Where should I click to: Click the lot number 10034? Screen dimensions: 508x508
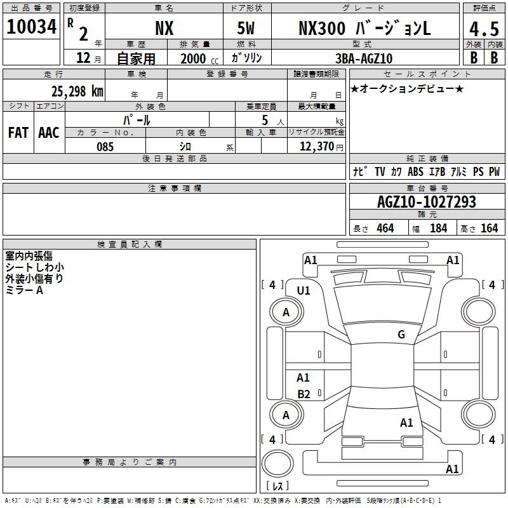coord(32,28)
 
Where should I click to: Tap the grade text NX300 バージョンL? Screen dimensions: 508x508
coord(364,28)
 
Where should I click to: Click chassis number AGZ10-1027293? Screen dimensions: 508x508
coord(426,202)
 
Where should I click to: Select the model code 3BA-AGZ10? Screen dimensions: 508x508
coord(364,58)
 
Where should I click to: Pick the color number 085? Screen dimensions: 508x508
coord(105,147)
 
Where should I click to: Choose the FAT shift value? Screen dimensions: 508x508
coord(18,133)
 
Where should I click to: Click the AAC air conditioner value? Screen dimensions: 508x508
coord(49,133)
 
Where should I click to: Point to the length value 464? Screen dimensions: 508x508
coord(385,228)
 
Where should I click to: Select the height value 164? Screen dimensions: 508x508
coord(489,228)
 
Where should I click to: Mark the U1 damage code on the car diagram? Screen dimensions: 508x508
coord(304,290)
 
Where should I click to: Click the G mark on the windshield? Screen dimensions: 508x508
coord(401,335)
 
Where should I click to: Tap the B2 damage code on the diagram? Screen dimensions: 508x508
coord(304,394)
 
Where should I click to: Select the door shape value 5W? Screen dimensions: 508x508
coord(247,28)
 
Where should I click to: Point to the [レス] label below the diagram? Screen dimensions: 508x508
coord(277,486)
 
